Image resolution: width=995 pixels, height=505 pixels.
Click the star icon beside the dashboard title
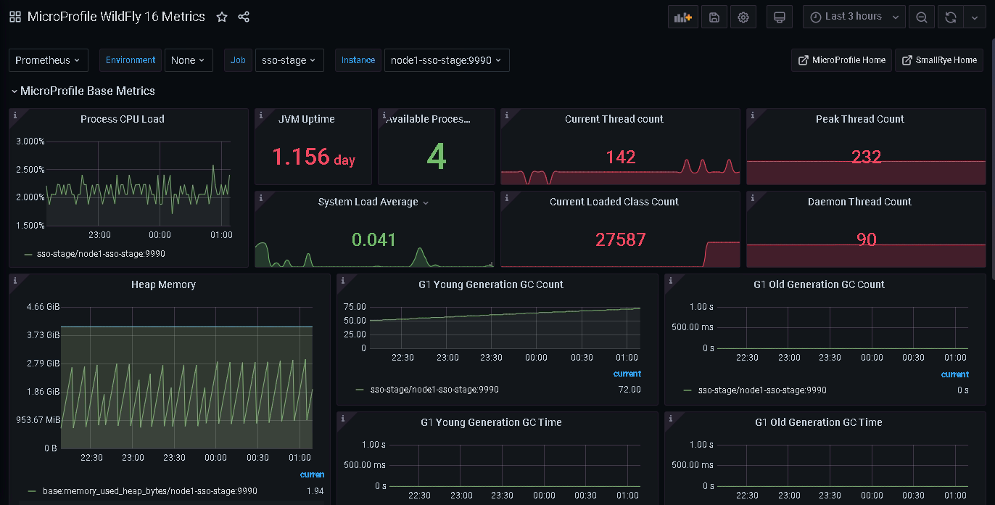tap(222, 17)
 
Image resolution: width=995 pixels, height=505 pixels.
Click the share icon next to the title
tap(244, 17)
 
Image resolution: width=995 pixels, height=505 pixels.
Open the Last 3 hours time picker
tap(854, 17)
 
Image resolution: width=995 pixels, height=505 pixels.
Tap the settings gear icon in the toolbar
tap(743, 17)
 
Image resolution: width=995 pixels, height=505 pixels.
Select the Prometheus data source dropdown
tap(48, 60)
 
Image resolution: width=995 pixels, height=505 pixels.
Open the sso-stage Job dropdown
tap(289, 60)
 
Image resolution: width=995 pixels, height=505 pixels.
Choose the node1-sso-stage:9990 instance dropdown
tap(447, 60)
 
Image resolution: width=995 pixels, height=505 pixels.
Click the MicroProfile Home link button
tap(841, 60)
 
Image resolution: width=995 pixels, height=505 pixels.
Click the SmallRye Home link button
tap(939, 60)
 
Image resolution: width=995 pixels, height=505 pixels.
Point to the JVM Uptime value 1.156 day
tap(313, 157)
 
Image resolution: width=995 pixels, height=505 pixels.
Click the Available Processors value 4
tap(436, 157)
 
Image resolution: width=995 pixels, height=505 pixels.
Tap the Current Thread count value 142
tap(621, 157)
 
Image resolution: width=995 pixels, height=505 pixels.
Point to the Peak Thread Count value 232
tap(866, 157)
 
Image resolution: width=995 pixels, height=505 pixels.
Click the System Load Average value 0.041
tap(373, 239)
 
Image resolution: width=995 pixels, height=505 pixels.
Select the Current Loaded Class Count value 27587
tap(621, 239)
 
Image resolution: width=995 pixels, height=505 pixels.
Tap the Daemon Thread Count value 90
tap(866, 239)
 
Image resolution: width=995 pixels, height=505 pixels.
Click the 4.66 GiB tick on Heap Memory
tap(43, 307)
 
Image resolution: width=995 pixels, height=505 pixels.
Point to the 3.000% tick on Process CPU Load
tap(30, 141)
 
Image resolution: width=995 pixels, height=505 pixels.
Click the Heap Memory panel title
tap(163, 284)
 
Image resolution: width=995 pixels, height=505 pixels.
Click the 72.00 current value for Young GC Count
tap(629, 390)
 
